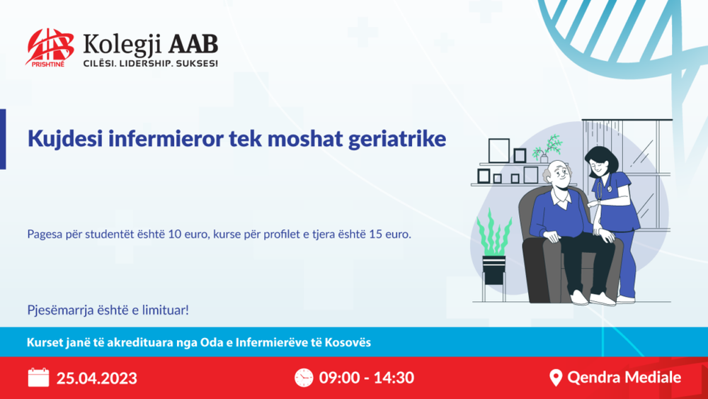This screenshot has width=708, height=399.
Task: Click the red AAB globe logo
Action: coord(50,47)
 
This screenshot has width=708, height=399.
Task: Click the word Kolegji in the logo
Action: coord(122,46)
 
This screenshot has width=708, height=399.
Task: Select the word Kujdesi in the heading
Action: coord(64,139)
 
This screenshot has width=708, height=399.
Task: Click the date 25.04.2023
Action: coord(96,378)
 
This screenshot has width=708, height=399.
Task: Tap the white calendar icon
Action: coord(38,377)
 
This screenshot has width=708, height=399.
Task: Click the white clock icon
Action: coord(304,377)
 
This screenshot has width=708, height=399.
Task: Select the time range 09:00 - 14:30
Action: coord(366,378)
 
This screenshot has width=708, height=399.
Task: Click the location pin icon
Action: coord(556,377)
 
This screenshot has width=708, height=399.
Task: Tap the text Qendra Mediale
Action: coord(624,377)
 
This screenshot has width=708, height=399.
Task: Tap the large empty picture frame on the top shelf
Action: coord(498,151)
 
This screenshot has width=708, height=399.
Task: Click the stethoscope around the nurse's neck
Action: coord(603,188)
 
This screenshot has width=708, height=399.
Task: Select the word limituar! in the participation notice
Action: coord(166,310)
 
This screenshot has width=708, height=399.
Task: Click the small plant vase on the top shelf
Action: coord(544,158)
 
